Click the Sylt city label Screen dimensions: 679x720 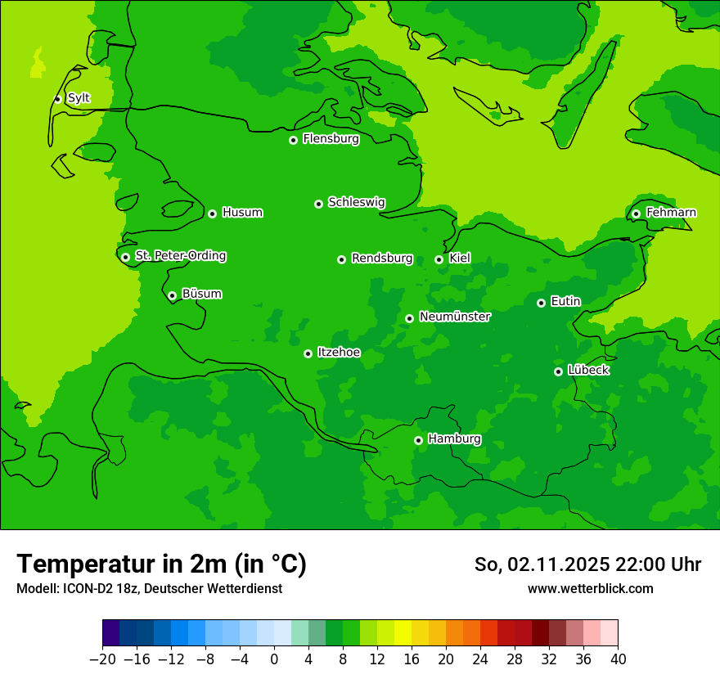79,98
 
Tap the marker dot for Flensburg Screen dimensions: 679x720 293,140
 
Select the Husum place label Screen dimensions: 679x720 242,213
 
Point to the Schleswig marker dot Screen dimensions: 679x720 318,204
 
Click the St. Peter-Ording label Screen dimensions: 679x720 180,256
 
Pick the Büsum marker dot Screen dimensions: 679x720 172,295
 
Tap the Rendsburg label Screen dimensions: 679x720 382,259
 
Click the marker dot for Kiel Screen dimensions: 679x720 439,259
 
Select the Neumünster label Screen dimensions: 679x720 455,317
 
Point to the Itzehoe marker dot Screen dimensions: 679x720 308,353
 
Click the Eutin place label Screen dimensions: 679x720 565,302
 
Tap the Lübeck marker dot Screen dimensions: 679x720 558,371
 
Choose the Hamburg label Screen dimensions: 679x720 454,438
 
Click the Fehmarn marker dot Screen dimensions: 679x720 636,214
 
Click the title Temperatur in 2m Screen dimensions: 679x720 161,564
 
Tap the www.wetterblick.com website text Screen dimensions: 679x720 590,588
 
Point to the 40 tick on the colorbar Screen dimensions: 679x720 618,659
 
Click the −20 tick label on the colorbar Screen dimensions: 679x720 102,659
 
